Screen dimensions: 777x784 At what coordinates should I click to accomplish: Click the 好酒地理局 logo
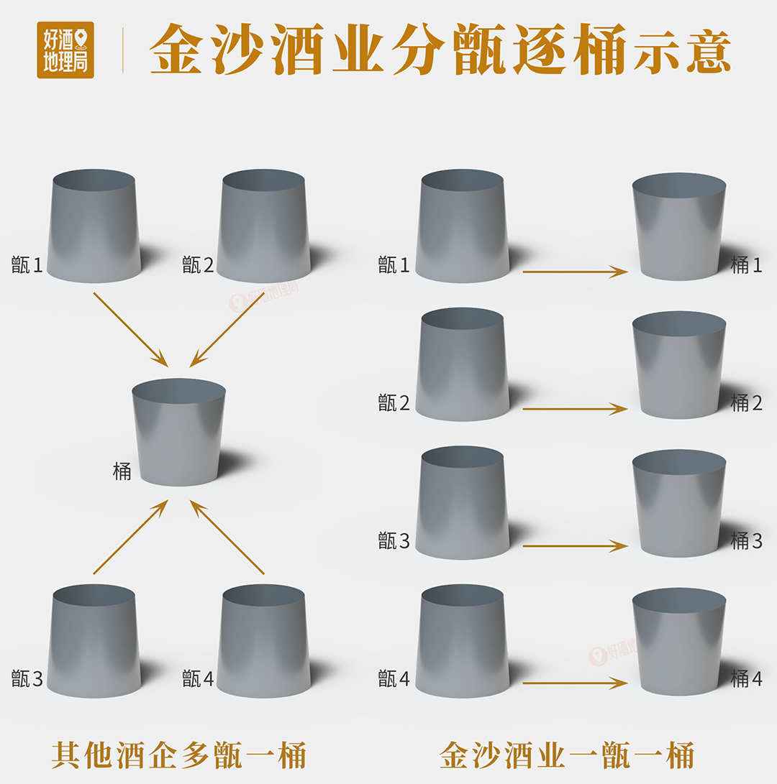[x=65, y=50]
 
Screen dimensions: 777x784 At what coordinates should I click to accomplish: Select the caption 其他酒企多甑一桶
[x=179, y=755]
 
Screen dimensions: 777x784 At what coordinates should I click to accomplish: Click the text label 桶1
[x=746, y=265]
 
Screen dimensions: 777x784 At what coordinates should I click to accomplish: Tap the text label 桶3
[x=746, y=540]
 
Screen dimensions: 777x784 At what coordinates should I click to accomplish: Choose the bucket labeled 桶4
[x=679, y=642]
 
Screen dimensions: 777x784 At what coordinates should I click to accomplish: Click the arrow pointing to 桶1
[x=575, y=272]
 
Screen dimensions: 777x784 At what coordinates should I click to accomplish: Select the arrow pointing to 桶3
[x=575, y=546]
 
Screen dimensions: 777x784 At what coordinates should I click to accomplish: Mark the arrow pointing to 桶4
[x=575, y=683]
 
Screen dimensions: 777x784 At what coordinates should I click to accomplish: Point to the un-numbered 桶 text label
[x=122, y=472]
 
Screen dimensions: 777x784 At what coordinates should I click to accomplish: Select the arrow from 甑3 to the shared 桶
[x=130, y=538]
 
